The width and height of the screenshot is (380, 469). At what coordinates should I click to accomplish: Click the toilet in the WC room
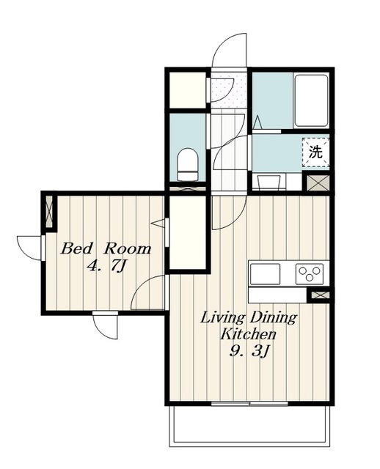188,164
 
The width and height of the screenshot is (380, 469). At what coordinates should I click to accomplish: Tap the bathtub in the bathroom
312,101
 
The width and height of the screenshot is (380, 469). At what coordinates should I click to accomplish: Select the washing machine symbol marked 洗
316,152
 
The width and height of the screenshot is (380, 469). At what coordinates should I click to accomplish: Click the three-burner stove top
310,273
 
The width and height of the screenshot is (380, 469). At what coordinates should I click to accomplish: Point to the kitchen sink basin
265,273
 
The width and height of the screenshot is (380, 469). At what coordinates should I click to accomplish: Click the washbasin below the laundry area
269,182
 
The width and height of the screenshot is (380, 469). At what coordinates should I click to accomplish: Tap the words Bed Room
106,249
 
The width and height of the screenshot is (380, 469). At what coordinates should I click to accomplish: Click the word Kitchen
248,334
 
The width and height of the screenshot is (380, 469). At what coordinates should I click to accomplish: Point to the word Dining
273,317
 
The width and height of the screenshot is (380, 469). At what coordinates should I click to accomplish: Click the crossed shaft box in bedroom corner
50,212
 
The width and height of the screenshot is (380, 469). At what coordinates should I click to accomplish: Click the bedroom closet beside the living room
188,233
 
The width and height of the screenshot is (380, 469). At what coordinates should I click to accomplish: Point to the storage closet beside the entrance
188,90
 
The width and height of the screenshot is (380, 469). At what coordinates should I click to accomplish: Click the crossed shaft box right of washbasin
318,182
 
